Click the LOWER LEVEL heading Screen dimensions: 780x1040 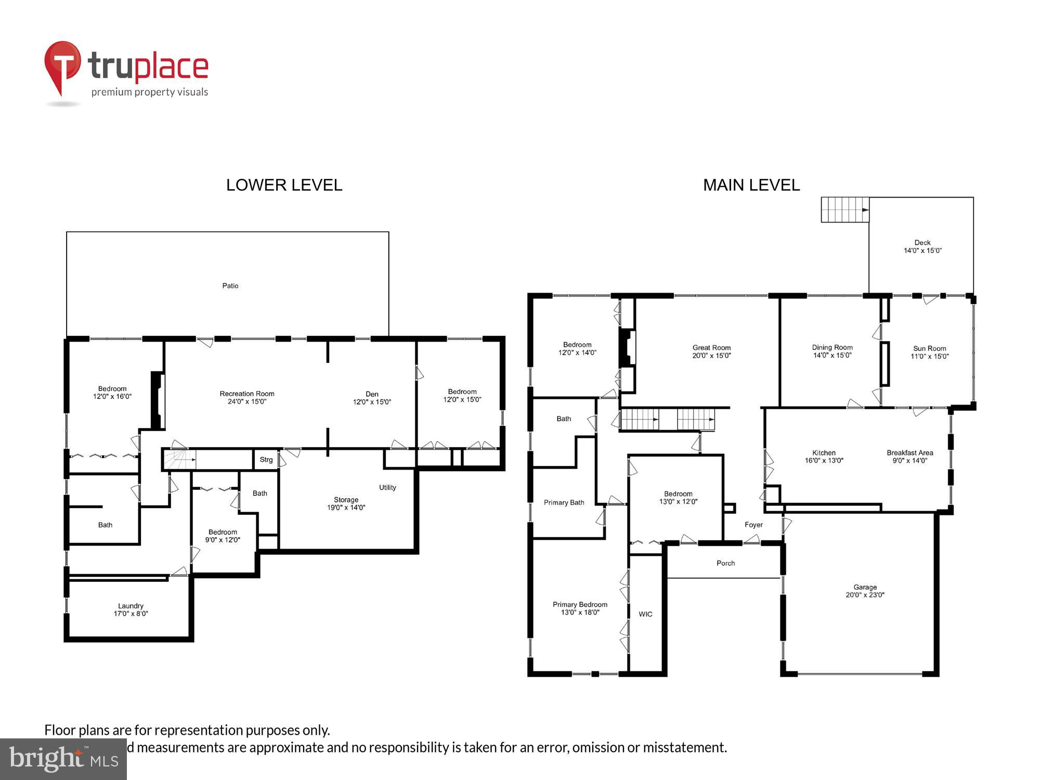tap(284, 185)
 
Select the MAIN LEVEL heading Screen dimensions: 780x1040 tap(751, 185)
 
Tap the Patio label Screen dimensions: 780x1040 tap(230, 285)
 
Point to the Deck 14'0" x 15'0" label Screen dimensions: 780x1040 tap(922, 246)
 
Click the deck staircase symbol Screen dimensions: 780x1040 tap(844, 210)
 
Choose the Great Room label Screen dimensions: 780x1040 tap(711, 352)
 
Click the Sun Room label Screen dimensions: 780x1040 tap(929, 352)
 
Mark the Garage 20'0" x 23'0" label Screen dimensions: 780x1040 tap(865, 591)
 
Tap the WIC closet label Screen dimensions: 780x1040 tap(645, 614)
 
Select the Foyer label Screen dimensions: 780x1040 tap(753, 525)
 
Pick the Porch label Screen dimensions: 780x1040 tap(725, 563)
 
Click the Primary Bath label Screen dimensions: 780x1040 tap(564, 502)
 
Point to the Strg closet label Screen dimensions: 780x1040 tap(266, 460)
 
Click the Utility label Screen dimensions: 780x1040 tap(387, 487)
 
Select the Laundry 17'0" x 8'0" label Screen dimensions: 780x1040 tap(131, 609)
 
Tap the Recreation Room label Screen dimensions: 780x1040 tap(247, 397)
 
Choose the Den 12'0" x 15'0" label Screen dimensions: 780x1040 tap(372, 398)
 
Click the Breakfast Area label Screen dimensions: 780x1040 tap(909, 456)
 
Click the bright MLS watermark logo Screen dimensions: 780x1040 tap(63, 760)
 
